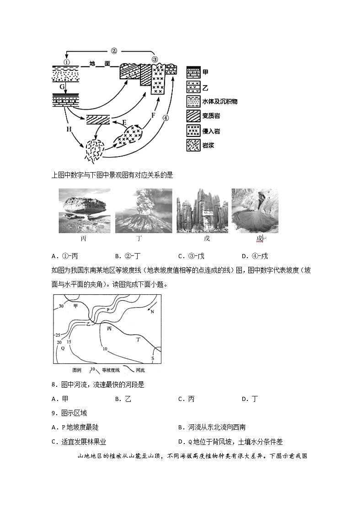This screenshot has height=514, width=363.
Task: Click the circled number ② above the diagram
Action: point(114,51)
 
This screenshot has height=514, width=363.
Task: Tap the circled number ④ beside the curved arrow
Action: point(165,118)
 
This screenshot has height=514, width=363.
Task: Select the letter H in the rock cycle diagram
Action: point(69,130)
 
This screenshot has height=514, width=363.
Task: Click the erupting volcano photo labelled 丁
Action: point(143,211)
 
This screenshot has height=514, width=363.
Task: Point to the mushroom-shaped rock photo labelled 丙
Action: point(84,211)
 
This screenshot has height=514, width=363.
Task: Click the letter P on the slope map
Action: point(108,310)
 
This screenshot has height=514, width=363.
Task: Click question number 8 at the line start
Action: point(54,385)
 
